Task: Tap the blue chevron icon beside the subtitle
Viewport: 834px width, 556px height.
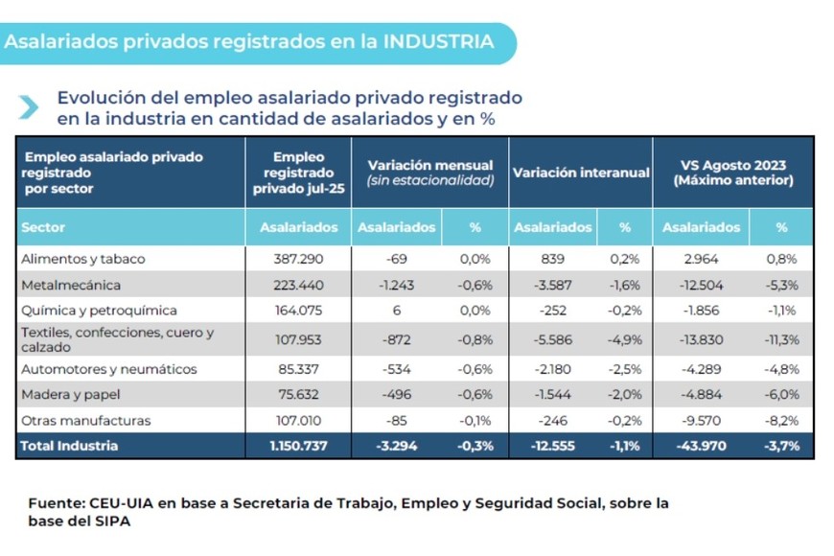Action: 30,107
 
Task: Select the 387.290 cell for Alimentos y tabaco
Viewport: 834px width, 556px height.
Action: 298,259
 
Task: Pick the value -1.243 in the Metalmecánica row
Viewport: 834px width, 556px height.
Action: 396,285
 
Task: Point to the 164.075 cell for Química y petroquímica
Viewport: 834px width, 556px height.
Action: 298,311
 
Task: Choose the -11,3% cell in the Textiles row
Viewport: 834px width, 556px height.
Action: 780,338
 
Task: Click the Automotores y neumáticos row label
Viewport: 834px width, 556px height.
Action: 108,369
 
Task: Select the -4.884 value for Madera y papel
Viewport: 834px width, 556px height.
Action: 701,395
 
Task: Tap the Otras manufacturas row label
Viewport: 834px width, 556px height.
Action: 85,421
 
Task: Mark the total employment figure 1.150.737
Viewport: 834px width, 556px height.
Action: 298,446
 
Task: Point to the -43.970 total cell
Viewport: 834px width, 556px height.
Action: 701,446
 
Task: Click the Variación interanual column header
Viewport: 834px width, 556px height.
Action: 581,173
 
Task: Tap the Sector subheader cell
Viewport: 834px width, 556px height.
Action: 42,228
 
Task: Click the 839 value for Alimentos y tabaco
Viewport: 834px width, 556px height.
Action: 553,259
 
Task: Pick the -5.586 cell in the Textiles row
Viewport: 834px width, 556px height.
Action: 553,338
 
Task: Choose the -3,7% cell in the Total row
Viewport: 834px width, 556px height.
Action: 780,446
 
